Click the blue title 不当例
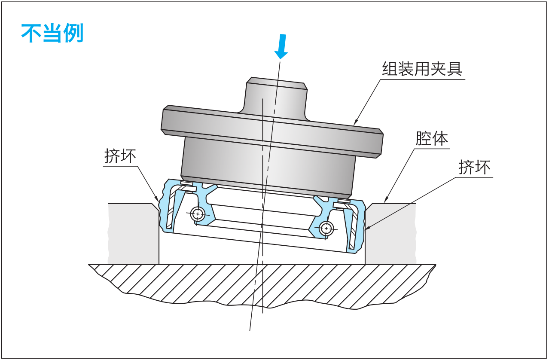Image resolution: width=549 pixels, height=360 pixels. click(x=52, y=34)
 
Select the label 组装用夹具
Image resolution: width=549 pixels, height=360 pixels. click(x=422, y=69)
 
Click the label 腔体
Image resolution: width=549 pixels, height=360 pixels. click(x=431, y=139)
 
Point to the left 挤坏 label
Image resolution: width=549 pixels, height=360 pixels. click(x=120, y=156)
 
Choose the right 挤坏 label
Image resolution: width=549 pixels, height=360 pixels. click(x=474, y=167)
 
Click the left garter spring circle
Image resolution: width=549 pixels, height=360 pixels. click(x=198, y=213)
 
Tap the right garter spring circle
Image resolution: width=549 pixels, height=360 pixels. click(x=327, y=228)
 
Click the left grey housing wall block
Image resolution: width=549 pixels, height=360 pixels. click(x=133, y=234)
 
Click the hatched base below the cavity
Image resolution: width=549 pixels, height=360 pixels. click(x=262, y=284)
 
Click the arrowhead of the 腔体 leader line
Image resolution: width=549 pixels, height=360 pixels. click(x=385, y=201)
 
